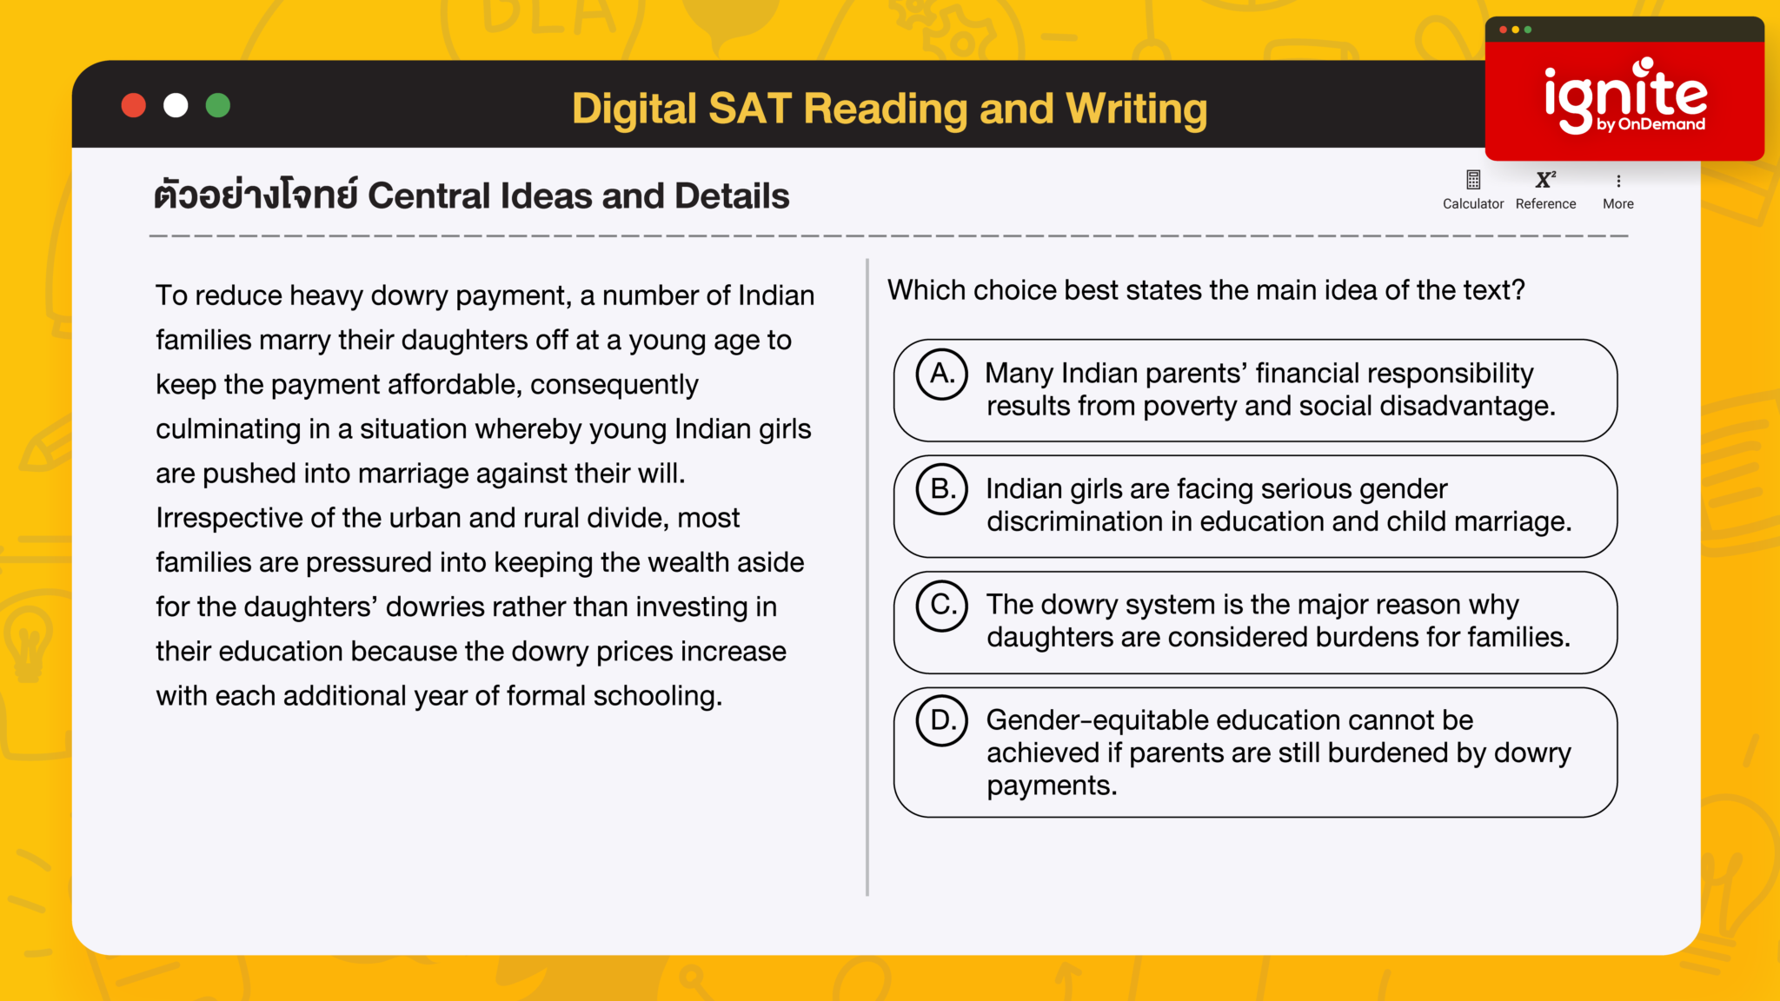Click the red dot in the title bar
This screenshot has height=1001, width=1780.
(x=133, y=105)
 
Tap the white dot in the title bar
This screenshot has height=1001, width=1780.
(x=176, y=105)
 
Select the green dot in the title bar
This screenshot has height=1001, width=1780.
(x=218, y=105)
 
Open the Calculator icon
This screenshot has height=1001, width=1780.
(x=1473, y=180)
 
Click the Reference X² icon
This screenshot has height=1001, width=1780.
(x=1545, y=180)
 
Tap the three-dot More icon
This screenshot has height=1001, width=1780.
(x=1618, y=181)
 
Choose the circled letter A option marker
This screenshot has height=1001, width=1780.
(x=942, y=374)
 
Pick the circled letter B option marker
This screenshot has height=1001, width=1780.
(x=942, y=489)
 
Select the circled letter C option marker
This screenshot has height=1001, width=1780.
(x=942, y=605)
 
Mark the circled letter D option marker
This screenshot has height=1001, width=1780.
(x=942, y=720)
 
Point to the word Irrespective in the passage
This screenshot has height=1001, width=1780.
(x=229, y=518)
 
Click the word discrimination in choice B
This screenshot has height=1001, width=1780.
(x=1090, y=522)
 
